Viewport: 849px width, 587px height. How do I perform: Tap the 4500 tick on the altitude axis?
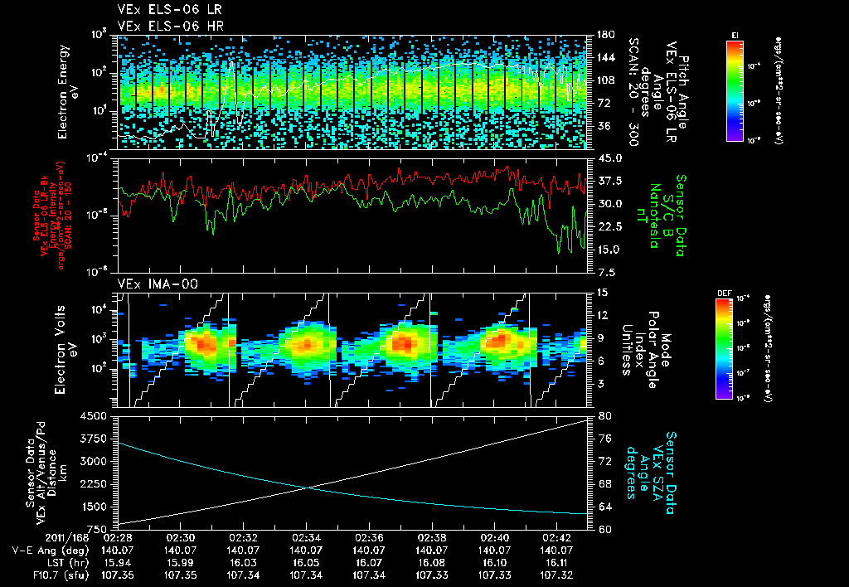95,416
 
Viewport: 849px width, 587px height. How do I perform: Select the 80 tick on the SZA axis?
604,416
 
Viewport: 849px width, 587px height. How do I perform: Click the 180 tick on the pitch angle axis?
605,35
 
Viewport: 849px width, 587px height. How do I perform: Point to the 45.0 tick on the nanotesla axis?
609,158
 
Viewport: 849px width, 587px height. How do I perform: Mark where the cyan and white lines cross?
308,488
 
